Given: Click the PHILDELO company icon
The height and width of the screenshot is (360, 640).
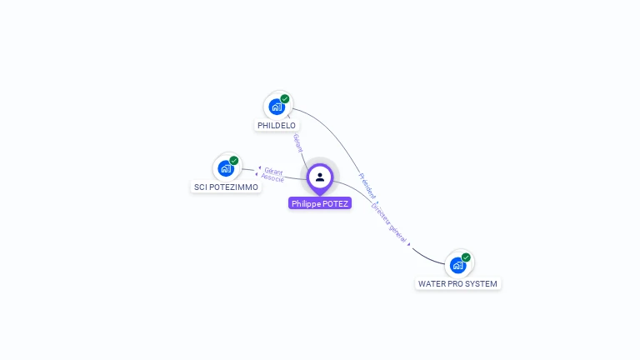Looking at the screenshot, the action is (x=277, y=107).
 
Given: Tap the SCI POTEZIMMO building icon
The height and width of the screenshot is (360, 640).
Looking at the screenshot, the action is (x=225, y=169).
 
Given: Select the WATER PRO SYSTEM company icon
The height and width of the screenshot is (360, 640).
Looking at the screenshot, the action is (x=457, y=265).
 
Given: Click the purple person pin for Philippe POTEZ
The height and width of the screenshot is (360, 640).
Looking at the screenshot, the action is (x=320, y=177).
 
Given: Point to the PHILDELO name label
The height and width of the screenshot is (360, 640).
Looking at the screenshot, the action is (x=277, y=126).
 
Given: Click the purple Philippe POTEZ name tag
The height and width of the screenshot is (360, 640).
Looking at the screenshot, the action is (x=320, y=203).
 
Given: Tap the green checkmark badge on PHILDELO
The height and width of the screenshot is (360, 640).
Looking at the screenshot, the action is (x=285, y=99).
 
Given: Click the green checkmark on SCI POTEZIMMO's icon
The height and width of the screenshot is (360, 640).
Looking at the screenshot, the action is (x=234, y=161).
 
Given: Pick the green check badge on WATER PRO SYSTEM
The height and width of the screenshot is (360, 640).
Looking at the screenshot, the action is (x=466, y=257).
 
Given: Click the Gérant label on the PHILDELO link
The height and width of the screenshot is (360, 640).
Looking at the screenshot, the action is (x=297, y=142).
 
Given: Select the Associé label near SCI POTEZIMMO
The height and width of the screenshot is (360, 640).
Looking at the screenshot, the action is (x=272, y=178).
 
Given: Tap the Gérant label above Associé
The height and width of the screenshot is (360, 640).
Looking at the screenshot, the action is (x=273, y=172).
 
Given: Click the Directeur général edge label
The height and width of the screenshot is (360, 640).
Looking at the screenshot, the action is (x=389, y=222).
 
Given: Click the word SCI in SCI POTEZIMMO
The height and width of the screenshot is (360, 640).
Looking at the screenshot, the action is (x=201, y=187).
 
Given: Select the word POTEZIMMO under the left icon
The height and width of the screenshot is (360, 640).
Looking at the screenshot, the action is (x=234, y=187).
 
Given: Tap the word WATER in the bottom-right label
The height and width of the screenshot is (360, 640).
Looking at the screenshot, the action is (x=432, y=284).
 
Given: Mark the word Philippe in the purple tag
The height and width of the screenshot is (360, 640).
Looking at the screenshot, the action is (x=306, y=203).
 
